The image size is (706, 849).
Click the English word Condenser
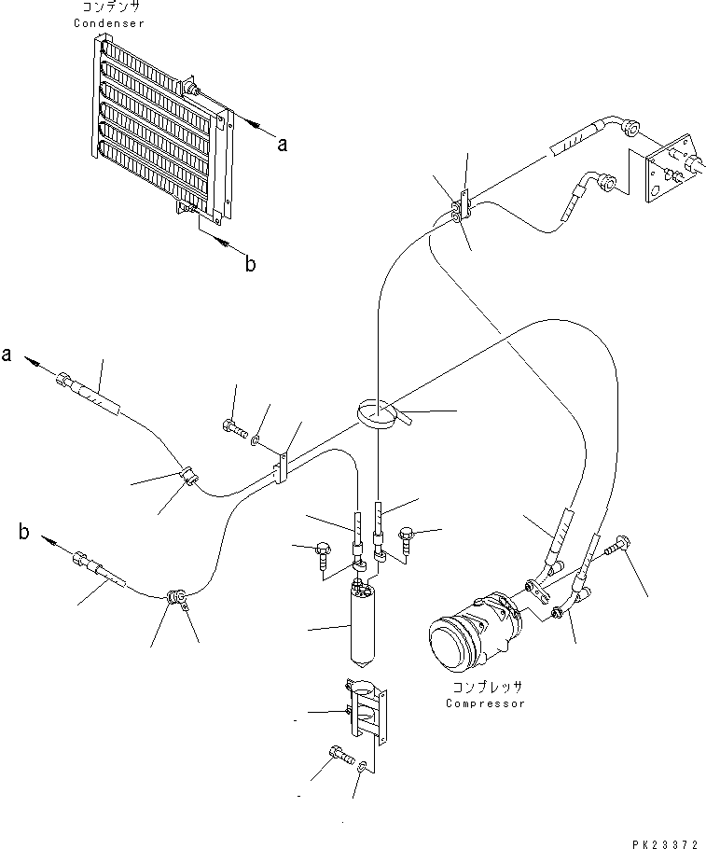pyautogui.click(x=109, y=23)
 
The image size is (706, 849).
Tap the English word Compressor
pyautogui.click(x=484, y=703)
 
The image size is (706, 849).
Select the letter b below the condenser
pyautogui.click(x=249, y=264)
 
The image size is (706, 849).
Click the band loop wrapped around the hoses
pyautogui.click(x=378, y=412)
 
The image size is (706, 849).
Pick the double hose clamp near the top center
pyautogui.click(x=460, y=210)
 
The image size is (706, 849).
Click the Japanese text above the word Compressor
pyautogui.click(x=484, y=688)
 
